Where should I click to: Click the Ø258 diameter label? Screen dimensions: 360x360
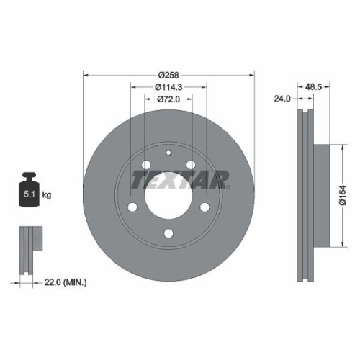[x=169, y=74]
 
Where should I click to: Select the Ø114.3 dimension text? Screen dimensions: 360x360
[x=168, y=86]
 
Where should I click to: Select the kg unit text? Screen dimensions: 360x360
[x=47, y=194]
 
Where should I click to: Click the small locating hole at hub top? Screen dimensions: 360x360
[x=168, y=152]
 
